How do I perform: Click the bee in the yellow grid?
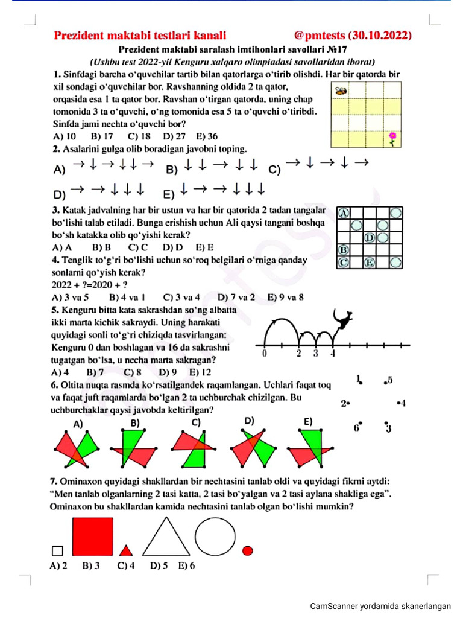point(341,92)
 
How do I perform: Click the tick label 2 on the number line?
point(299,354)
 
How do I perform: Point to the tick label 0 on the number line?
point(265,354)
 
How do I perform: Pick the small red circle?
point(247,550)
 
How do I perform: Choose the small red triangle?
point(125,550)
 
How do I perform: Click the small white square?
point(58,550)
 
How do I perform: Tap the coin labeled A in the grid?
point(344,213)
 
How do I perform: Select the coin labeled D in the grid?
point(370,237)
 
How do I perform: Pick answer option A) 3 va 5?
point(71,297)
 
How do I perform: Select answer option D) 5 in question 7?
point(159,566)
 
